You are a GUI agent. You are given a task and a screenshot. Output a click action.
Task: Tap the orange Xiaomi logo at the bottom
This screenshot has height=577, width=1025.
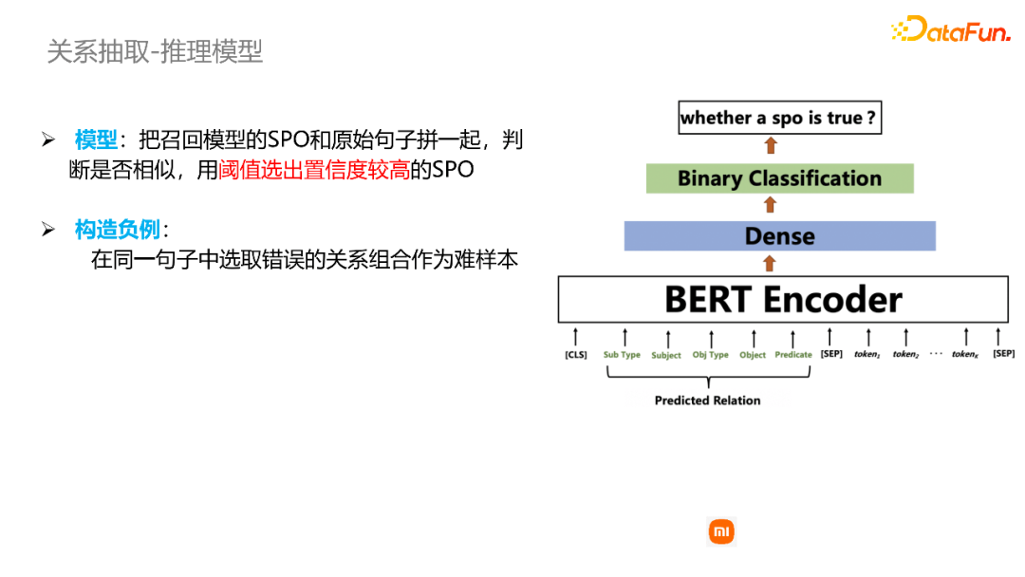click(x=721, y=532)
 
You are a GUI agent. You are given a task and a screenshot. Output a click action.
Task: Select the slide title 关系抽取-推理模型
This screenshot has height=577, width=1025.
click(x=155, y=51)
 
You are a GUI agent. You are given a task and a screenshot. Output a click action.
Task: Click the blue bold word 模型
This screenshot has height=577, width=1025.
click(x=96, y=140)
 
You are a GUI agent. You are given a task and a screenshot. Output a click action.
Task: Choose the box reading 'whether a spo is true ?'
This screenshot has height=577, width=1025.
click(x=777, y=119)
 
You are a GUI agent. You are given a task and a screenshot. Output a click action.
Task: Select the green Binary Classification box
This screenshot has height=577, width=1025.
click(x=779, y=178)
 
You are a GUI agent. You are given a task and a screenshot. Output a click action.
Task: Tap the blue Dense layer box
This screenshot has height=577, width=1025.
click(x=779, y=236)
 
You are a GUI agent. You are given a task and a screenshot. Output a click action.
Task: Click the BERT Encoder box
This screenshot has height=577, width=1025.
click(x=783, y=299)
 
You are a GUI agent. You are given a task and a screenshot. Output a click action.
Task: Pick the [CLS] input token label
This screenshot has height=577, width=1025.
click(x=575, y=355)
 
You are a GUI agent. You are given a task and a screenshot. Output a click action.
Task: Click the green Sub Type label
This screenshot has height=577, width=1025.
click(x=622, y=355)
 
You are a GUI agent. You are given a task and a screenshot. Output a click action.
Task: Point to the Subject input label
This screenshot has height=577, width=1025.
click(x=666, y=356)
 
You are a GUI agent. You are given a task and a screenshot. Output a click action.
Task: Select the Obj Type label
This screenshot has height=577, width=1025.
click(x=710, y=355)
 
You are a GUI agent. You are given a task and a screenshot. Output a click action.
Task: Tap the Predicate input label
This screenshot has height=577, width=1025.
click(x=793, y=355)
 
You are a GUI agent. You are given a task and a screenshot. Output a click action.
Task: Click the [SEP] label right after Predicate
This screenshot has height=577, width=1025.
click(x=831, y=354)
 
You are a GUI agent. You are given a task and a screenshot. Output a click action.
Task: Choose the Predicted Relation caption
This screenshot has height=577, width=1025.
click(x=707, y=400)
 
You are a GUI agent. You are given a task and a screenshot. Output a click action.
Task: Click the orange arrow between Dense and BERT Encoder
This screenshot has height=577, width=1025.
click(x=770, y=265)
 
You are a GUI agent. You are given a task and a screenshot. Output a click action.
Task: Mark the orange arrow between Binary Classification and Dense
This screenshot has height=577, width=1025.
click(x=770, y=205)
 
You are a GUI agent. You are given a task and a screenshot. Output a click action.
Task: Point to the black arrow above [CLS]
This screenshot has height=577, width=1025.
click(x=575, y=337)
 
